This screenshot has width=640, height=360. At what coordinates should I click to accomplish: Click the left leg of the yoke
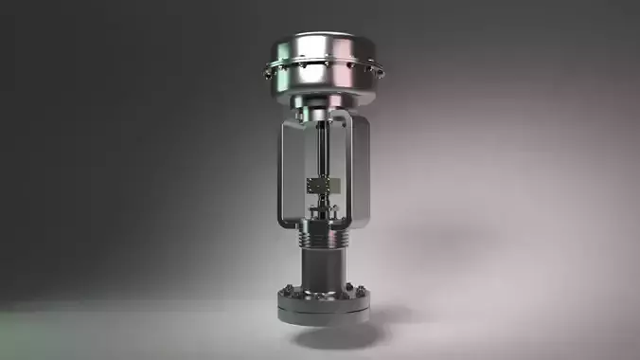[284, 175]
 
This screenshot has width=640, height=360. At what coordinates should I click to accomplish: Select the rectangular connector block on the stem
[321, 185]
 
